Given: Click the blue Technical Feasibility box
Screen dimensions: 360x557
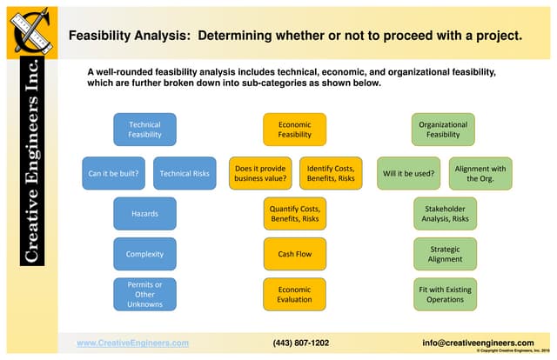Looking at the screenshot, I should [144, 130].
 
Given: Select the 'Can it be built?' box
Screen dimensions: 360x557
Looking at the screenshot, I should [113, 173].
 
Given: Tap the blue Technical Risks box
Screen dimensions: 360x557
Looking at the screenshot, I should [185, 173].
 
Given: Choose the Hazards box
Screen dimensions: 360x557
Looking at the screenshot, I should [144, 213].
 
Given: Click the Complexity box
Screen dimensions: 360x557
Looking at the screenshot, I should [144, 254].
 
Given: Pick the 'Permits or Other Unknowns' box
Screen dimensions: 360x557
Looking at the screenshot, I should [144, 294].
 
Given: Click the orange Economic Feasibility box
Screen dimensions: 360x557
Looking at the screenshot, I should [295, 130].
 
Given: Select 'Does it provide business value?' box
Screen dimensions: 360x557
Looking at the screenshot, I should [260, 173].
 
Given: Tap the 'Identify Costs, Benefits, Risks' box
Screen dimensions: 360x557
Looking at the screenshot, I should [331, 173].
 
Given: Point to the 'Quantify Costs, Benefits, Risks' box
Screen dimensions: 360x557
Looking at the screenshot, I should [295, 213].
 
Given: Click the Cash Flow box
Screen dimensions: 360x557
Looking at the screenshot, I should [295, 254].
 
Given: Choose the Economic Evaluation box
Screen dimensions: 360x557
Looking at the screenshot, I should [295, 294].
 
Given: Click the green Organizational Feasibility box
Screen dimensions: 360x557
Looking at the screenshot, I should [443, 130].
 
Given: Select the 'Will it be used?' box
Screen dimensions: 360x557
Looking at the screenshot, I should [408, 173].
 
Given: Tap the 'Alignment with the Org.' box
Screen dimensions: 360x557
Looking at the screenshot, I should [480, 173].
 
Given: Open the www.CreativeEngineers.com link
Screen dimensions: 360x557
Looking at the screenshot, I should [132, 343].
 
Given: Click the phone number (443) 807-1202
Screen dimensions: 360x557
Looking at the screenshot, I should [301, 343].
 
